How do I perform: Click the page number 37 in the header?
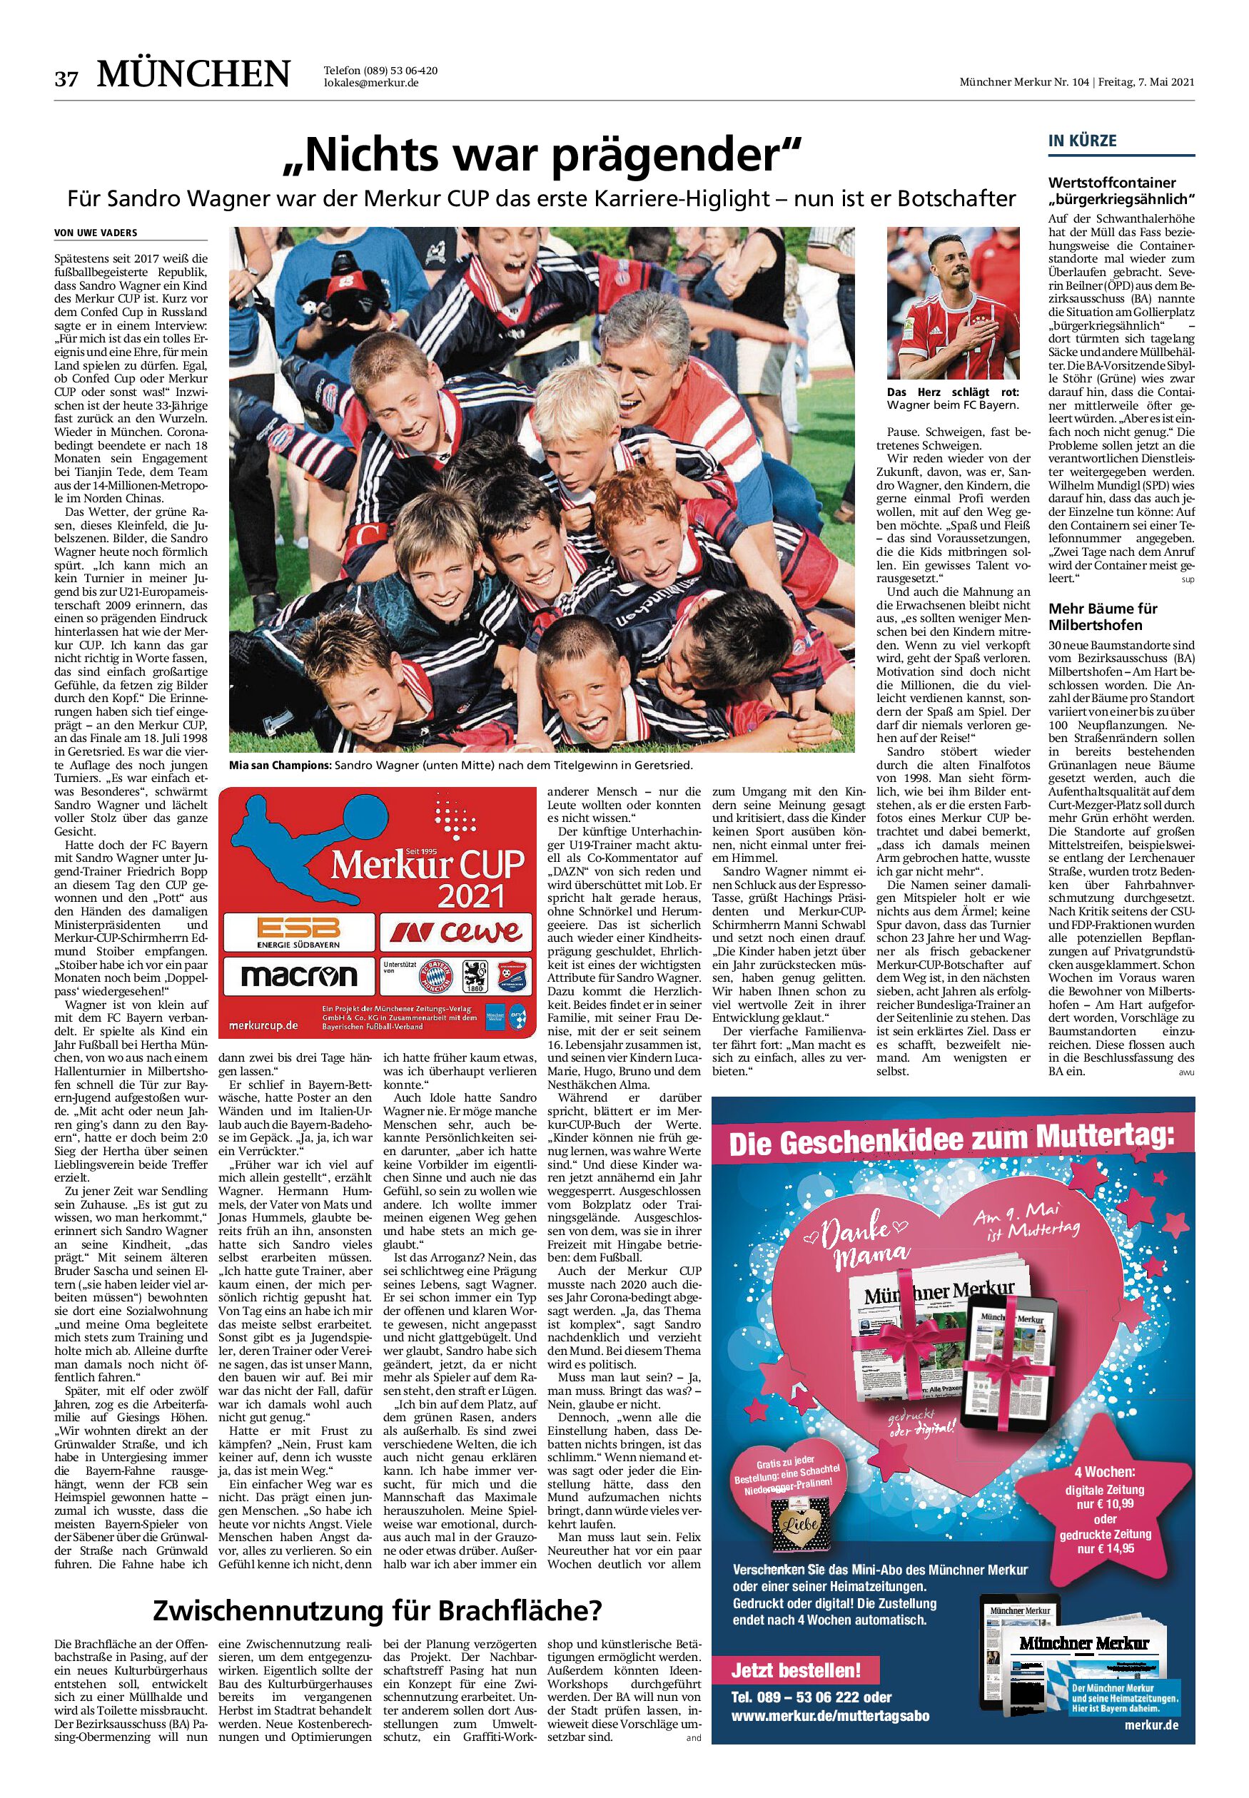pyautogui.click(x=66, y=78)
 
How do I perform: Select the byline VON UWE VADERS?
pyautogui.click(x=97, y=233)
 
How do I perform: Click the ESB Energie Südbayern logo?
pyautogui.click(x=299, y=933)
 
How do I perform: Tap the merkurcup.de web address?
pyautogui.click(x=264, y=1025)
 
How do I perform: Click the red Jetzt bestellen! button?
pyautogui.click(x=794, y=1670)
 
